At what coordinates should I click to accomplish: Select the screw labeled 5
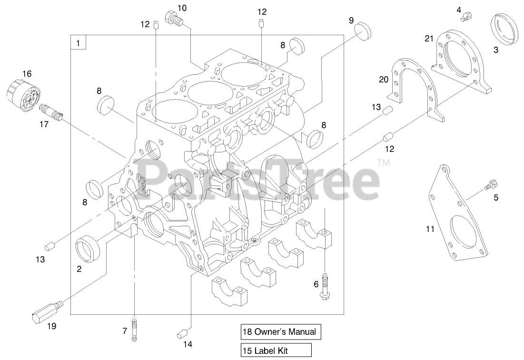490,184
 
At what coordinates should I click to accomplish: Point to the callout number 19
51,326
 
